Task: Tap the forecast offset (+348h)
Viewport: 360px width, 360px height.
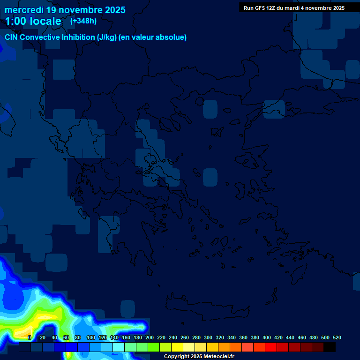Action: click(x=83, y=21)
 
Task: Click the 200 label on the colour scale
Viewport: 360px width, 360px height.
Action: click(x=150, y=337)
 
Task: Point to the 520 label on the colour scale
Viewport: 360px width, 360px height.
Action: click(x=337, y=337)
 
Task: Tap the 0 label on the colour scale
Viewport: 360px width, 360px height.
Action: click(x=30, y=337)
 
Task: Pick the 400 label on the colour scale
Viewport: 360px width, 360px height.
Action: click(x=267, y=337)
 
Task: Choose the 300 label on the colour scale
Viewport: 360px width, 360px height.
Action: click(x=208, y=337)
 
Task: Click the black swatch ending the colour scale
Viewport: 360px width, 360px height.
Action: click(x=330, y=347)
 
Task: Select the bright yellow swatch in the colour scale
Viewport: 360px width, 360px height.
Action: click(x=177, y=347)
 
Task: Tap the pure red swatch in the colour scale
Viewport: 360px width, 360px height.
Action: click(x=271, y=347)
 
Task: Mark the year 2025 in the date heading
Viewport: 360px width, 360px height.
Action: click(x=114, y=9)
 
